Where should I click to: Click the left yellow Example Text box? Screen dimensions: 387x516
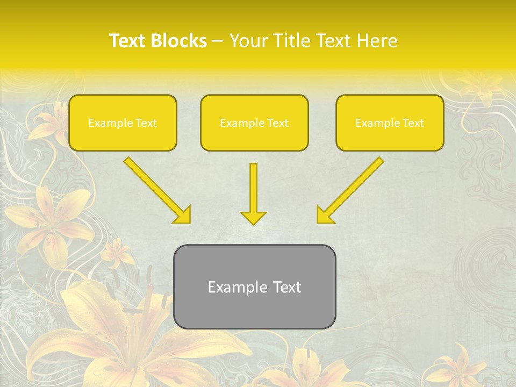click(x=123, y=123)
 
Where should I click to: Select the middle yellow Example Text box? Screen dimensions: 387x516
click(x=254, y=123)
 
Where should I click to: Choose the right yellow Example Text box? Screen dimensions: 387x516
click(x=390, y=123)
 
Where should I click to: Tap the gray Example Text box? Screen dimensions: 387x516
click(x=254, y=286)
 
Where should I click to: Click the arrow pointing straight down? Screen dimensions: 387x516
click(x=253, y=191)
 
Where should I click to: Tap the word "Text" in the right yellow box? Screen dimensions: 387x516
click(x=413, y=123)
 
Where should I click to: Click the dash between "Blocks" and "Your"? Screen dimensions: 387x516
click(x=218, y=41)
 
